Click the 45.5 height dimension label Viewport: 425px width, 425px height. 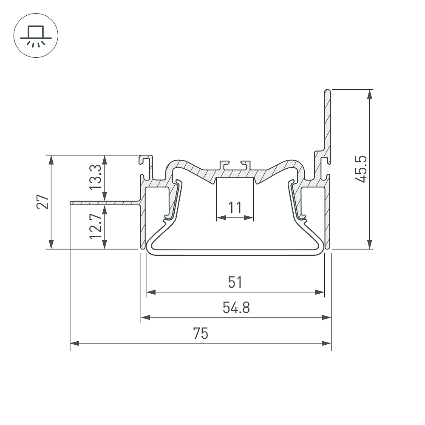[x=361, y=169]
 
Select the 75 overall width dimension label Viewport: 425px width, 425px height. [x=201, y=333]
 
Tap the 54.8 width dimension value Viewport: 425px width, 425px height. [x=236, y=308]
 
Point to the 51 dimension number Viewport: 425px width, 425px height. [x=235, y=282]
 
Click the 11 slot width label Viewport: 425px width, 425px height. [x=235, y=208]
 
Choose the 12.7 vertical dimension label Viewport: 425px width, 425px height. [x=95, y=226]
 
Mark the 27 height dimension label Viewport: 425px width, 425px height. [x=43, y=201]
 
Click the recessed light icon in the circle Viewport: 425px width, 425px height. [x=36, y=36]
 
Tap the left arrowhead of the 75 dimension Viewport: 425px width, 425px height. [x=74, y=343]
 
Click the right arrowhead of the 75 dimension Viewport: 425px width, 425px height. [x=326, y=343]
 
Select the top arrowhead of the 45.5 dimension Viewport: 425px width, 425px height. [x=370, y=94]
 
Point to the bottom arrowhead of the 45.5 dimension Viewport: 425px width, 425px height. [x=370, y=244]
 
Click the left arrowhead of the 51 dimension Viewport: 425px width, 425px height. [x=151, y=292]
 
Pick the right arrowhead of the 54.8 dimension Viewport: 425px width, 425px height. [x=326, y=317]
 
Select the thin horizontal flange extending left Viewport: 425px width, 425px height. [x=105, y=203]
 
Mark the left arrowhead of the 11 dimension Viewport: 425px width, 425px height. [x=221, y=217]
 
